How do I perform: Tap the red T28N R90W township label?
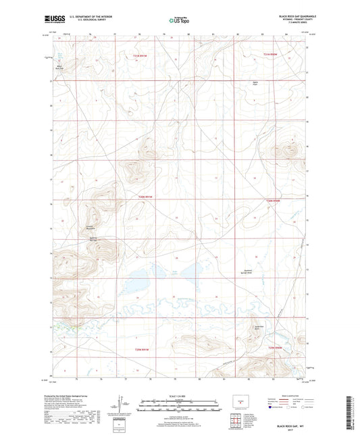click(x=272, y=201)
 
